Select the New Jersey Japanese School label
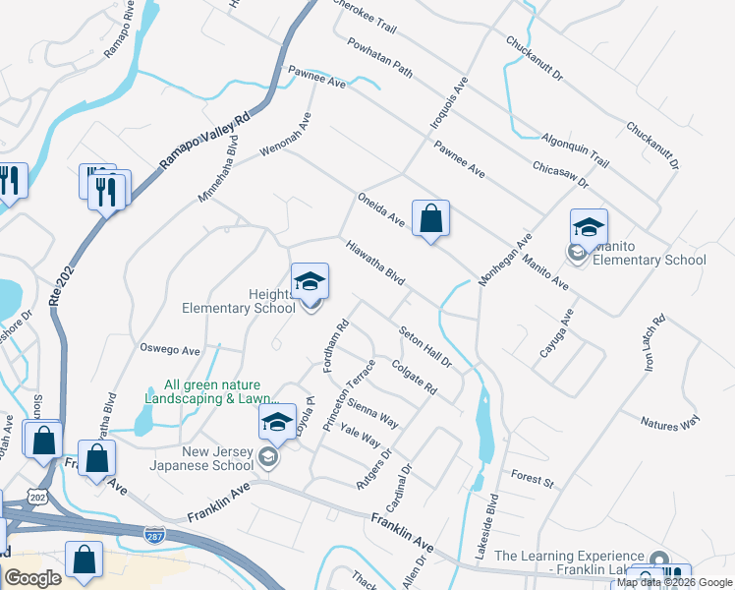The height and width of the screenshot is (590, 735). click(x=197, y=457)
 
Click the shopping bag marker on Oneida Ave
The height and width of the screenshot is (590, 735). click(x=430, y=218)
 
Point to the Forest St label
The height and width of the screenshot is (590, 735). click(x=534, y=479)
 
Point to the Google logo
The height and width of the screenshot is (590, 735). click(x=32, y=578)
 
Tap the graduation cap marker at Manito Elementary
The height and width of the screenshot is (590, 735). click(x=589, y=228)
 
